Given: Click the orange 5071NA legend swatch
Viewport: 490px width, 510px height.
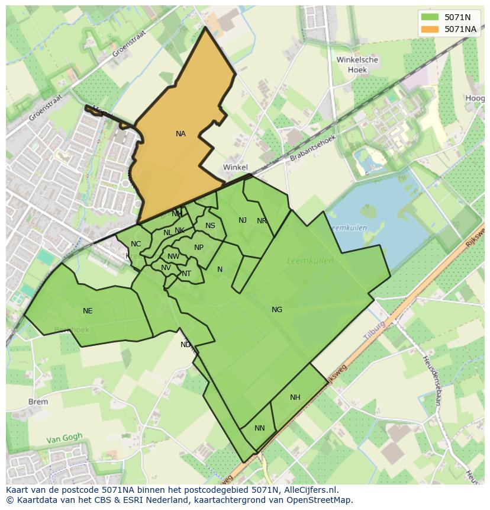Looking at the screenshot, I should [431, 29].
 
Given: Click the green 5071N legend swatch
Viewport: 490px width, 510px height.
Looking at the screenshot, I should [431, 17].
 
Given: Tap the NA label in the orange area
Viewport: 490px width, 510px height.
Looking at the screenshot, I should [180, 134].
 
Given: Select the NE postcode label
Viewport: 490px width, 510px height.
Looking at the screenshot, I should [88, 311].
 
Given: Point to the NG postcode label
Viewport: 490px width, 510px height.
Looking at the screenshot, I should [277, 310].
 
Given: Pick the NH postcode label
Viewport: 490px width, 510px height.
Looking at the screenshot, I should [295, 397].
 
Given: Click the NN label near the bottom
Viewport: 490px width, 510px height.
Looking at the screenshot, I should [260, 428].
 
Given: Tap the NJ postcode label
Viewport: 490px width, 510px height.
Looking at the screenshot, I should [243, 220].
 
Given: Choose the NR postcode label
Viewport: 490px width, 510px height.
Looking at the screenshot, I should [262, 221].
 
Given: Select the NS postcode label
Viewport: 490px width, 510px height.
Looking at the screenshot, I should [210, 226].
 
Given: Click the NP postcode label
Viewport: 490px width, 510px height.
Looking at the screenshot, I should [199, 248].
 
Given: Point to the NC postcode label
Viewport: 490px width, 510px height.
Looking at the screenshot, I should [136, 244].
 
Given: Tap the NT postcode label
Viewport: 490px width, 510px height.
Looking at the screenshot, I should [186, 274].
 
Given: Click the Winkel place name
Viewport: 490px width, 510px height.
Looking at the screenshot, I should [236, 168].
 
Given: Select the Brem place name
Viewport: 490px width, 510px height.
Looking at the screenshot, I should [38, 402].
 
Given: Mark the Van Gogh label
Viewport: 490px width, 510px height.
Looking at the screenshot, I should [65, 439].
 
